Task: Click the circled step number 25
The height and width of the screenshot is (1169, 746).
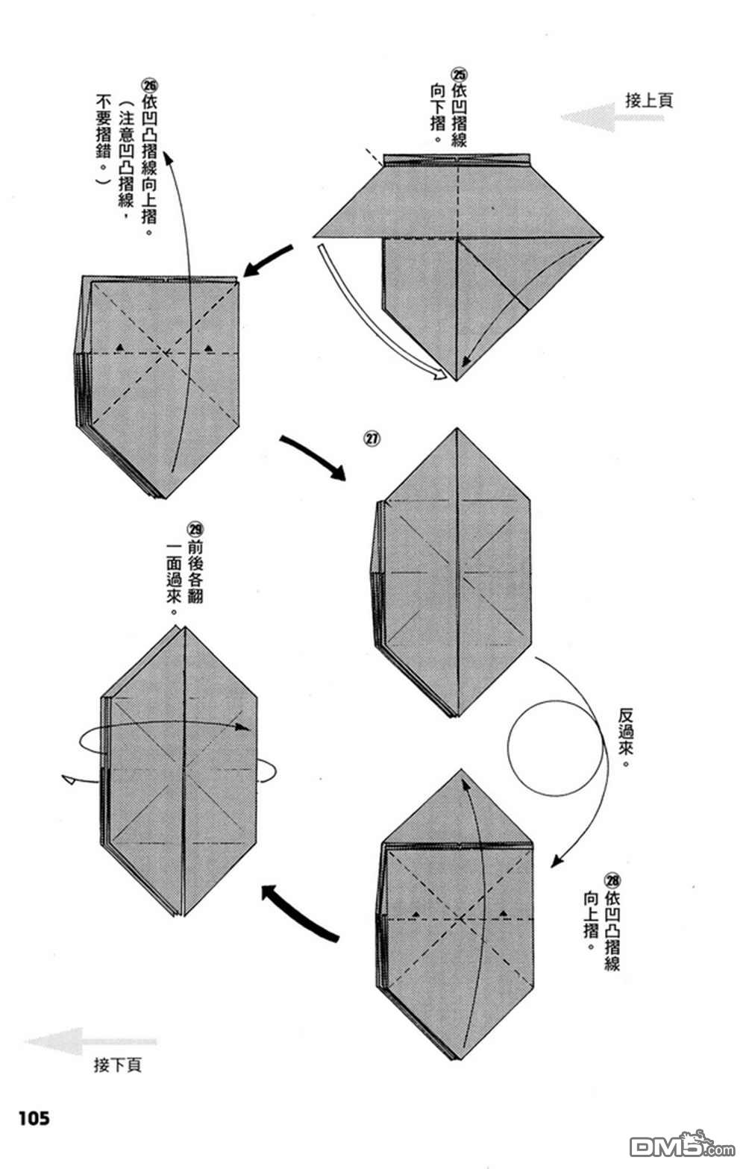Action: [x=459, y=75]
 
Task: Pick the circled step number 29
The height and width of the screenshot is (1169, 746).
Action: [x=195, y=530]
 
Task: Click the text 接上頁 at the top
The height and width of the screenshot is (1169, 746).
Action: [x=648, y=100]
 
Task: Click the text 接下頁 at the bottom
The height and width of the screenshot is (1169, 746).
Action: [x=117, y=1065]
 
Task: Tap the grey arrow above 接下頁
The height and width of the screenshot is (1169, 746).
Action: [x=90, y=1041]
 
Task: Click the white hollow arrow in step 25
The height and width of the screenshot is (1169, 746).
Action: [x=380, y=321]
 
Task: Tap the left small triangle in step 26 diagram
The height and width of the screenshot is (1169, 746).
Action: [x=119, y=348]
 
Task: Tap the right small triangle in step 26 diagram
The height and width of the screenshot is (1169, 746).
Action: [x=209, y=348]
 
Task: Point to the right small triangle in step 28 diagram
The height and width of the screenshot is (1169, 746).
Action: [x=504, y=912]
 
